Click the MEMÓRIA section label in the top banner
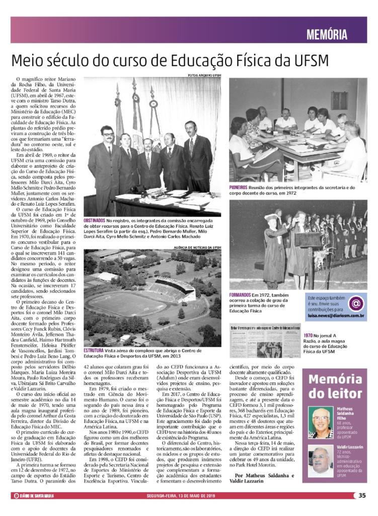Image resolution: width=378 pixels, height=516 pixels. (327, 35)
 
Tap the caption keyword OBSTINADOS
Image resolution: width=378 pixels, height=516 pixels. (94, 221)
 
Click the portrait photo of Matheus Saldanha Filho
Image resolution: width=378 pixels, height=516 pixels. (321, 422)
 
